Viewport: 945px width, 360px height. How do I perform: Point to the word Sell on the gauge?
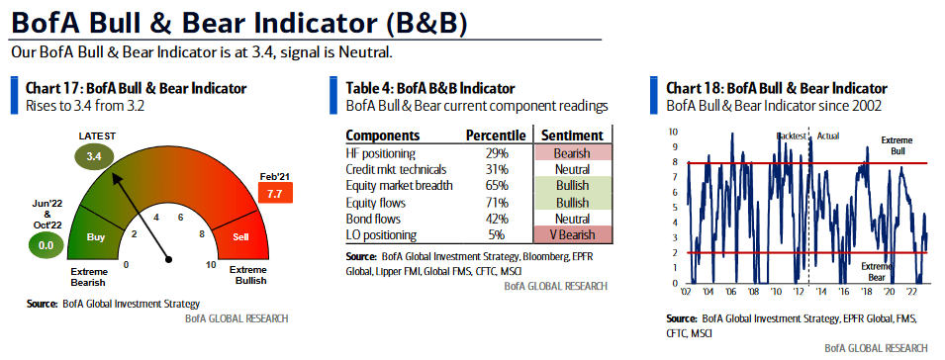(239, 238)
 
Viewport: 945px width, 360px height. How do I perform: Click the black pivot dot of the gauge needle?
(170, 259)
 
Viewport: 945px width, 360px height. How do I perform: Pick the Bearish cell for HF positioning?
(572, 153)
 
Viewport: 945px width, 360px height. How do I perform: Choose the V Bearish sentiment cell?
(572, 234)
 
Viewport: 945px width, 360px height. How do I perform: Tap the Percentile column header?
(494, 135)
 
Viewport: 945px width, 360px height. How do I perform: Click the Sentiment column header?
(571, 135)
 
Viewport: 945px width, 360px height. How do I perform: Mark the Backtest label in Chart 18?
(791, 135)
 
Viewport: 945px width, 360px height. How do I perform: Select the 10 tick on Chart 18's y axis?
(673, 132)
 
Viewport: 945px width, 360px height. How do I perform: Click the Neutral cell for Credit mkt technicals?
(572, 170)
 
